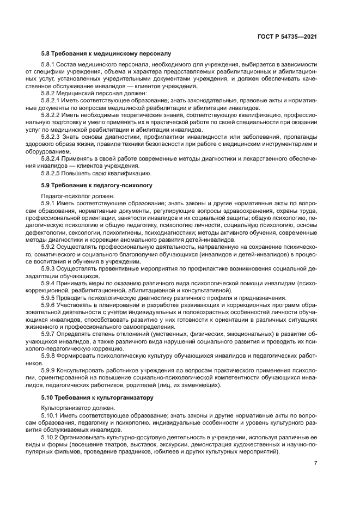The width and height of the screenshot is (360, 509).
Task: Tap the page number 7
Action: [x=315, y=463]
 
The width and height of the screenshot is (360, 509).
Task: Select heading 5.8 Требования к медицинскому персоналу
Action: [x=106, y=54]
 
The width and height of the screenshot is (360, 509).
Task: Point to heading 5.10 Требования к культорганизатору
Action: [x=98, y=397]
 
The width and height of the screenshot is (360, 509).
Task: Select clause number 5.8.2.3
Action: [x=53, y=138]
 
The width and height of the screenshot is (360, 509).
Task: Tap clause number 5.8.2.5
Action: [x=53, y=174]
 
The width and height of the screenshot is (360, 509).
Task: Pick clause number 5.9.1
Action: [x=49, y=203]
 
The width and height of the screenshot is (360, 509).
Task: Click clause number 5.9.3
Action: [x=49, y=268]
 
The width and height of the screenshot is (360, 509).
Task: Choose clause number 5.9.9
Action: [x=49, y=370]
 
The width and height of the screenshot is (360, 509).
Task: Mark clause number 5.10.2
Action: [x=51, y=437]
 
